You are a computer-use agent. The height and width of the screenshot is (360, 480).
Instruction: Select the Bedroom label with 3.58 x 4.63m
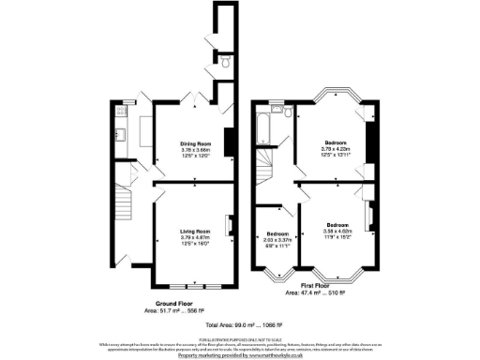[x=338, y=226]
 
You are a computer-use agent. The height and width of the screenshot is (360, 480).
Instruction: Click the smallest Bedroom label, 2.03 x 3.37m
[x=277, y=233]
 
